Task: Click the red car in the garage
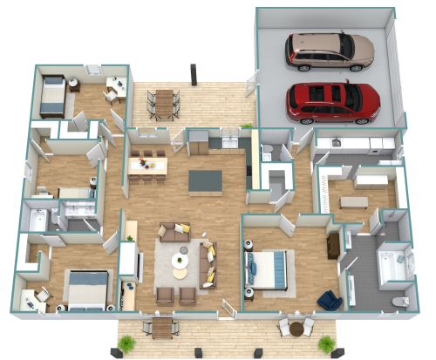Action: (333, 102)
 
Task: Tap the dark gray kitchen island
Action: (206, 180)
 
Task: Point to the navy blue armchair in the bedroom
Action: (329, 300)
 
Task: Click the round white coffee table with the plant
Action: (181, 261)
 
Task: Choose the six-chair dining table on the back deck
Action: (164, 103)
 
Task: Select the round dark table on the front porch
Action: (296, 328)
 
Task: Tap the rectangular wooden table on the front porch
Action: (162, 329)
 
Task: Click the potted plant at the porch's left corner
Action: (126, 343)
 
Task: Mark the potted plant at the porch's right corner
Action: (326, 343)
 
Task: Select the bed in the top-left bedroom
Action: (51, 96)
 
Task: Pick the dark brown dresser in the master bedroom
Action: (333, 246)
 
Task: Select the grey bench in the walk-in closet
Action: (354, 202)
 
